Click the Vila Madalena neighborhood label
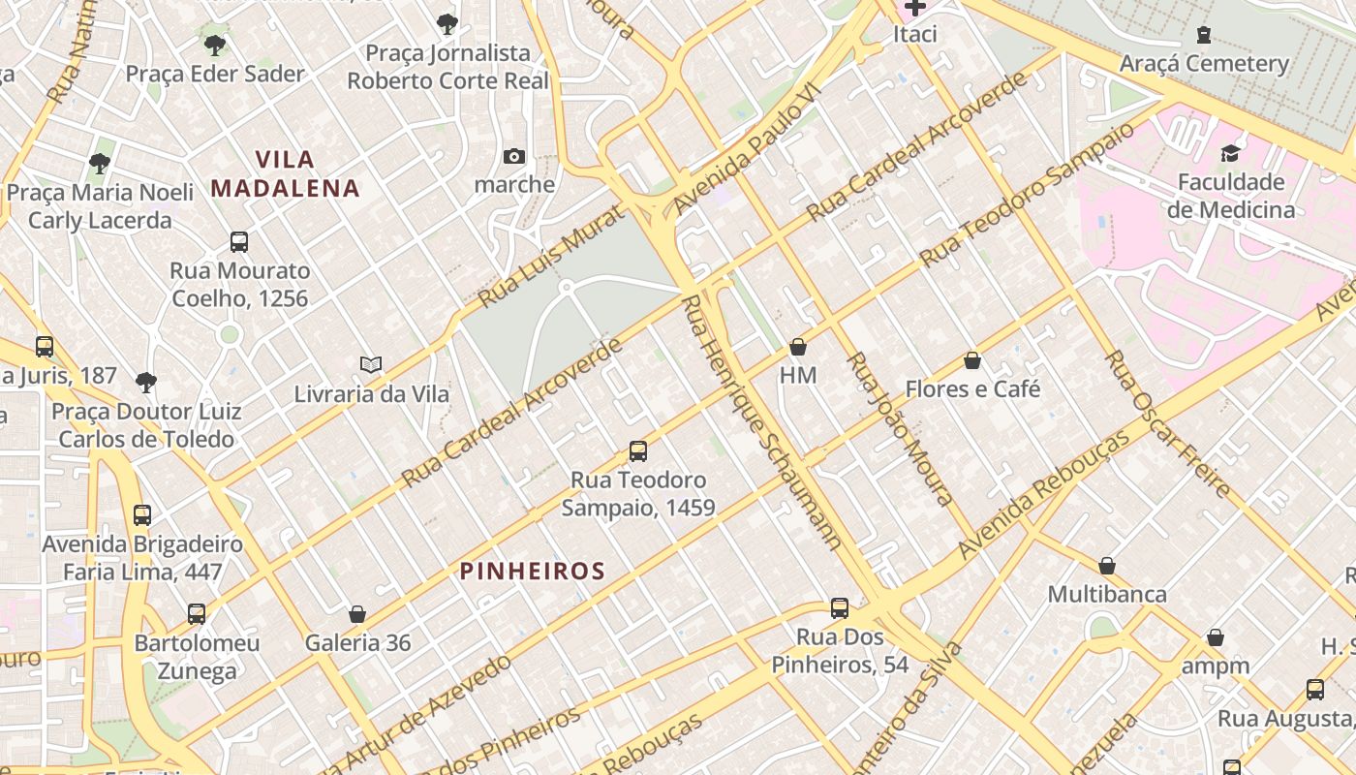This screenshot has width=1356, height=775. pos(285,173)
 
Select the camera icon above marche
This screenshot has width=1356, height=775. pos(514,156)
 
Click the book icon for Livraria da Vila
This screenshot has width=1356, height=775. pos(371,365)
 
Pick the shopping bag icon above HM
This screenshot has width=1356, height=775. pos(798,346)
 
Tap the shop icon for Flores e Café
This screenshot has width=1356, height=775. pos(972,360)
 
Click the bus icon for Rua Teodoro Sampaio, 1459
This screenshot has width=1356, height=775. pos(638,450)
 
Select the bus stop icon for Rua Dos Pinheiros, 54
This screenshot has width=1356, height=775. pos(840,608)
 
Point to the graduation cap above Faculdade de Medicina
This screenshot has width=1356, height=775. pos(1230,153)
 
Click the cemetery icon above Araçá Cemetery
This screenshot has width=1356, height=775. pos(1204,35)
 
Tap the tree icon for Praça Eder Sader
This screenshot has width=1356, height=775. pos(215,45)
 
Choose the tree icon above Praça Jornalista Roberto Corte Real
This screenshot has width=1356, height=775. pos(447,23)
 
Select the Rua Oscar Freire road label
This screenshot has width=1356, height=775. pos(1167,423)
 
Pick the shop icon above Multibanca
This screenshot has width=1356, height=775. pos(1107,566)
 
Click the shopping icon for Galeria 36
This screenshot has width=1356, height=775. pos(357,614)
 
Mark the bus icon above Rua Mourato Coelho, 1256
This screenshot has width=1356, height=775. pos(239,241)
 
